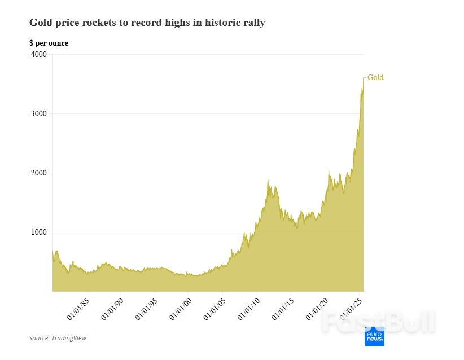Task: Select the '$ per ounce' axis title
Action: [49, 43]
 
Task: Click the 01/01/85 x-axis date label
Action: [78, 309]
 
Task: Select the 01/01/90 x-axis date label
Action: [112, 309]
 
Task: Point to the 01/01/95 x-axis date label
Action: [146, 309]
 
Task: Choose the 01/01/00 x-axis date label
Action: [180, 309]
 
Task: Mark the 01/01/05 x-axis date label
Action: [215, 309]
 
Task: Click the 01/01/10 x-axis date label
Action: [248, 309]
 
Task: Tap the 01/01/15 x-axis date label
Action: [283, 309]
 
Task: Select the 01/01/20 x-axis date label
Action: [317, 309]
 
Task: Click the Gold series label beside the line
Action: [375, 78]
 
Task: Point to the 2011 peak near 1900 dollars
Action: [268, 181]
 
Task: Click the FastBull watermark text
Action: [378, 322]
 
